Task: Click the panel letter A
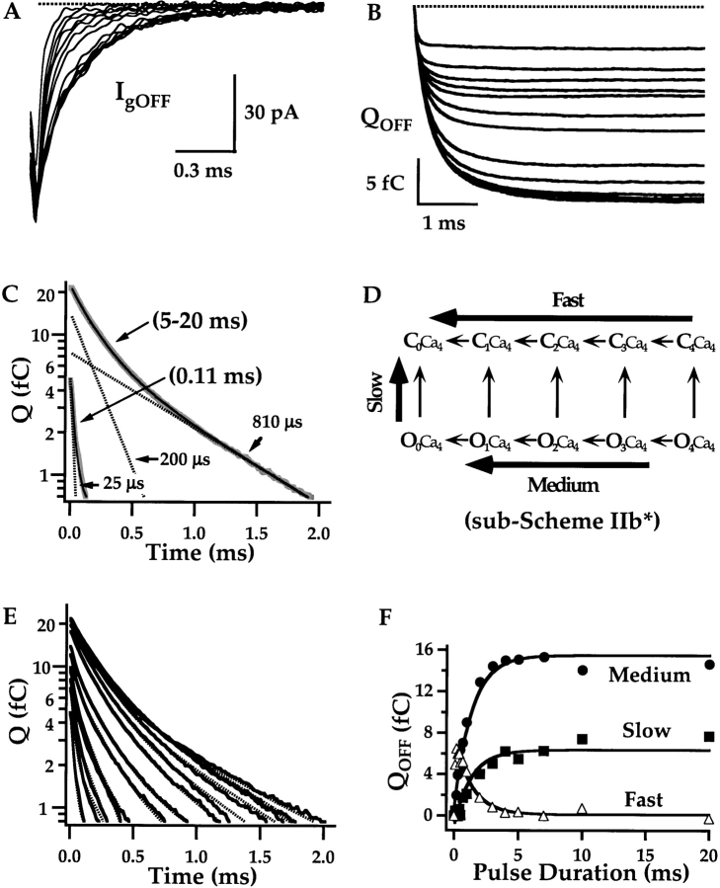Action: [x=12, y=13]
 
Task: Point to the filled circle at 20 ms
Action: [x=709, y=665]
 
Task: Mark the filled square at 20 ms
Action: [x=709, y=736]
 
